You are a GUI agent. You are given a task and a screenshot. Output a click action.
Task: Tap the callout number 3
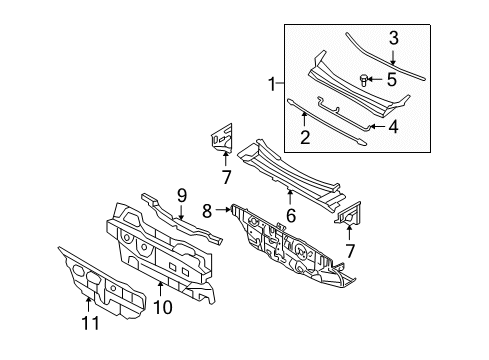tap(393, 38)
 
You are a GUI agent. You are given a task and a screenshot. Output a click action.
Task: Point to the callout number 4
tap(393, 126)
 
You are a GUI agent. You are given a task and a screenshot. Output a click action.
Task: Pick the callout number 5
tap(393, 78)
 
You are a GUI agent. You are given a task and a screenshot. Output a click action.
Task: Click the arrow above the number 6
tap(290, 194)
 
